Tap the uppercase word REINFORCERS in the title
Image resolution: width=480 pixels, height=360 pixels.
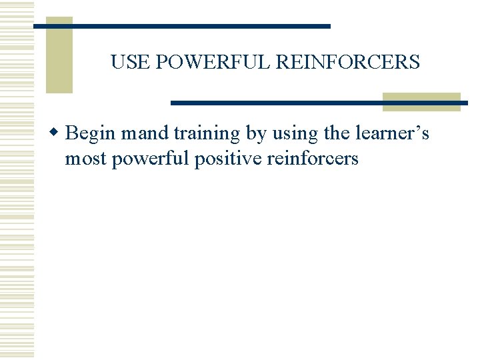(347, 63)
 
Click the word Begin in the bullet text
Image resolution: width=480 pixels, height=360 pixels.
(91, 134)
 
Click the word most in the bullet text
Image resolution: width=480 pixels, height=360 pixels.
(85, 159)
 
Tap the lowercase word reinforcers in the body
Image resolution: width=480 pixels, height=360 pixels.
(312, 159)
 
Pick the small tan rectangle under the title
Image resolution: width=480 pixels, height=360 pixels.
(421, 101)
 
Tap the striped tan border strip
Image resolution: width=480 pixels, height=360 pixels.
(16, 180)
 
